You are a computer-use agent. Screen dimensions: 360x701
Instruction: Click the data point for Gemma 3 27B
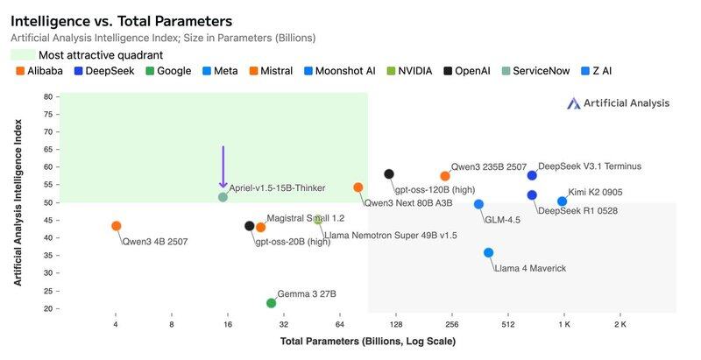click(x=272, y=303)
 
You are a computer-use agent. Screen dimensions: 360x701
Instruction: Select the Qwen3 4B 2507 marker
click(x=117, y=226)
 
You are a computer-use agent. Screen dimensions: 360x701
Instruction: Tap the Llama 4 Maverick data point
click(x=489, y=253)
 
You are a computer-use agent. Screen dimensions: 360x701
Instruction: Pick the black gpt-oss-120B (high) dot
click(x=389, y=174)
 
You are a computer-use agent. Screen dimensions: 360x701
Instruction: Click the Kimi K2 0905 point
click(x=563, y=201)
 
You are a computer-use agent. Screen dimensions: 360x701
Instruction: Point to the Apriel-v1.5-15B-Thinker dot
click(x=223, y=197)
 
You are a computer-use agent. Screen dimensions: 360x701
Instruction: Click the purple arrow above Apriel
click(x=223, y=166)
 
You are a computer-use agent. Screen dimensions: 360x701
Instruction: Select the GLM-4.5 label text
click(x=502, y=220)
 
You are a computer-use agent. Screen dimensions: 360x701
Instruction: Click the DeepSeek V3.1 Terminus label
click(x=590, y=166)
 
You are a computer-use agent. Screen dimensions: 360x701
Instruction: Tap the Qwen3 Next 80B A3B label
click(x=408, y=203)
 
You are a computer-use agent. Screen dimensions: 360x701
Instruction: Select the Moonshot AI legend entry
click(x=344, y=71)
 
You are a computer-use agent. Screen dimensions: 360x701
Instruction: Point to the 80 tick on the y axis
click(x=48, y=97)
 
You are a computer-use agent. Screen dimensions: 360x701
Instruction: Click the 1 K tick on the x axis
click(x=563, y=324)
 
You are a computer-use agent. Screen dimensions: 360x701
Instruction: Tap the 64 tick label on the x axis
click(x=339, y=324)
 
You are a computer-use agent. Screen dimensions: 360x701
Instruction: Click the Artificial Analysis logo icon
click(x=574, y=103)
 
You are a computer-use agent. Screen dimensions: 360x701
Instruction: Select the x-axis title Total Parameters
click(x=368, y=341)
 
